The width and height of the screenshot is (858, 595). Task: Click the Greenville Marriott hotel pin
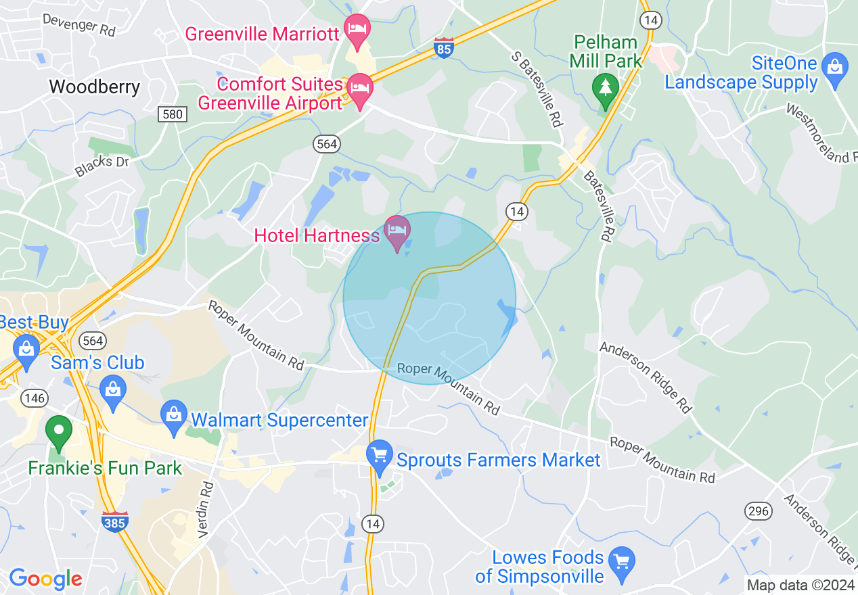[357, 29]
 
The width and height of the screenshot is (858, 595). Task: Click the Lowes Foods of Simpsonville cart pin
[621, 563]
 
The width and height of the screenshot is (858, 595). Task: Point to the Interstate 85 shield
[443, 49]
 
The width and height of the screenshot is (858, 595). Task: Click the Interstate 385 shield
[115, 521]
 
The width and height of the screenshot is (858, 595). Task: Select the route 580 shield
[173, 114]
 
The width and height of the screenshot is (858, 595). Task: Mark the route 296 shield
[758, 511]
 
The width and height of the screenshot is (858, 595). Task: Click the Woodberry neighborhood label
[95, 87]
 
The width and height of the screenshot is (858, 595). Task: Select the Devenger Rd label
[80, 24]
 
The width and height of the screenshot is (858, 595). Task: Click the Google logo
[45, 579]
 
